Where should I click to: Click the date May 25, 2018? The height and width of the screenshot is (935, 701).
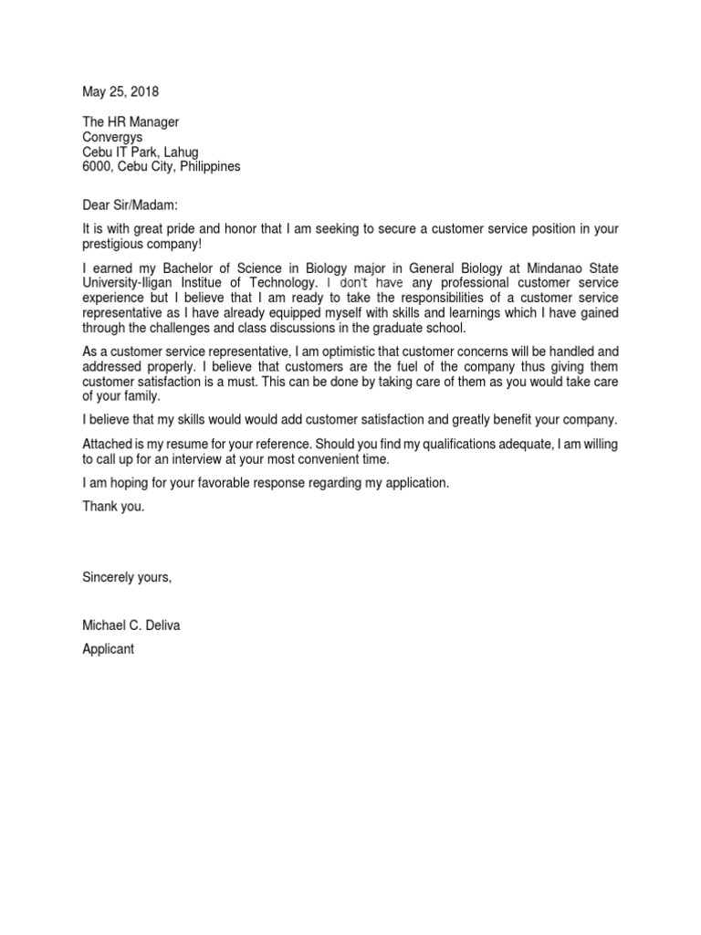coord(120,92)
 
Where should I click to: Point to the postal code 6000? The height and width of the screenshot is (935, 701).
coord(98,167)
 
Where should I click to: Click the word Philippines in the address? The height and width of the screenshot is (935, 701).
coord(206,167)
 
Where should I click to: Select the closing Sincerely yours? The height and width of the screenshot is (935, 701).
coord(127,577)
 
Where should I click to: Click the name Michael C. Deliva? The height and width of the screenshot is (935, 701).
coord(138,626)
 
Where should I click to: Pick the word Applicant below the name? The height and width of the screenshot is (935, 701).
coord(108,649)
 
